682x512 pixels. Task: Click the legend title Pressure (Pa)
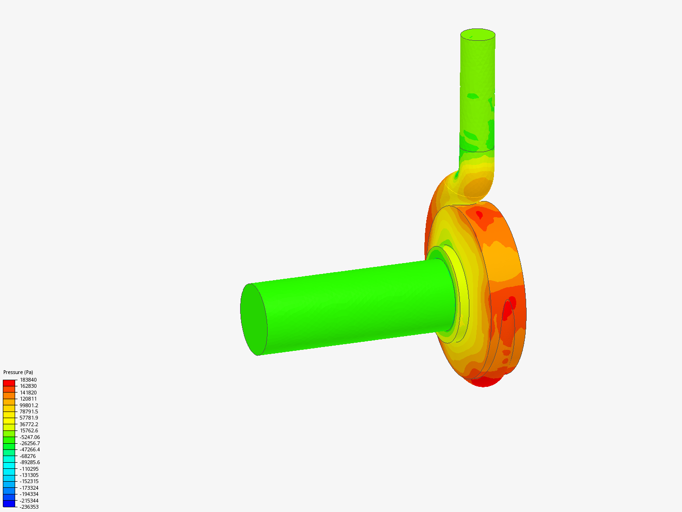tap(18, 372)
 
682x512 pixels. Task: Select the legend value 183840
tap(28, 380)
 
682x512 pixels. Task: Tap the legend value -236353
tap(29, 507)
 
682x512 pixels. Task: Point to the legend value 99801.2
tap(29, 405)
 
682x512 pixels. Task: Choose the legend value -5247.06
tap(29, 437)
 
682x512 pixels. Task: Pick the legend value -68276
tap(27, 456)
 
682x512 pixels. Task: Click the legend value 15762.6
tap(29, 430)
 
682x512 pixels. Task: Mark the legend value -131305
tap(29, 475)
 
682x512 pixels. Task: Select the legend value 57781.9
tap(29, 418)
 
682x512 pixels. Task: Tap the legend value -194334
tap(29, 494)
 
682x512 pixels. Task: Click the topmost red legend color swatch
tap(9, 383)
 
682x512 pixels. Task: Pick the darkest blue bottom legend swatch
tap(9, 503)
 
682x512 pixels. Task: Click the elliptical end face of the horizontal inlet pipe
tap(253, 319)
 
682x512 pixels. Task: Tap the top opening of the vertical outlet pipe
tap(478, 35)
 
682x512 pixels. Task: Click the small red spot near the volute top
tap(479, 215)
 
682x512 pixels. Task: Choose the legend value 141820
tap(28, 393)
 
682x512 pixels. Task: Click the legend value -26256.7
tap(29, 443)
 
